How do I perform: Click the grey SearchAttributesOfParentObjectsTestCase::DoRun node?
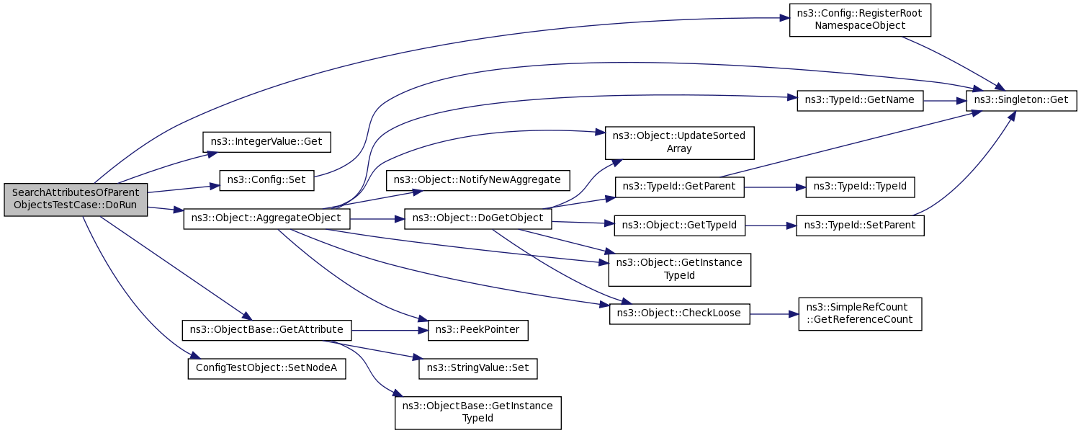point(76,200)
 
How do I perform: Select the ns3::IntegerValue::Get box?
point(266,142)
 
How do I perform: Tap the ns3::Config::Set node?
point(266,180)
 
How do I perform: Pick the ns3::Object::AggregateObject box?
point(266,219)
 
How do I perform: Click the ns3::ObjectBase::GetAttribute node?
point(266,330)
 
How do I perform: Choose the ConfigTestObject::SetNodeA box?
point(266,369)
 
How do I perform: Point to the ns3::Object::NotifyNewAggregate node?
point(477,180)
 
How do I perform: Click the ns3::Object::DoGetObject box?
point(477,219)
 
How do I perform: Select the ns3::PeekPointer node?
point(477,330)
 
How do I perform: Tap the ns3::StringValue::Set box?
point(477,369)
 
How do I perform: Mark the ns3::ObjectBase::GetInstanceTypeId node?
point(477,413)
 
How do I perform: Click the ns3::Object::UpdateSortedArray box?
point(679,143)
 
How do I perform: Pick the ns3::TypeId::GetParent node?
point(679,187)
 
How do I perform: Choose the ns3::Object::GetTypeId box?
point(679,226)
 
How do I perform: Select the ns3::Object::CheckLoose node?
point(679,314)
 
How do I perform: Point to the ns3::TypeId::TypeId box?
point(859,187)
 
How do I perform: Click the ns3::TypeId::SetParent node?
point(859,226)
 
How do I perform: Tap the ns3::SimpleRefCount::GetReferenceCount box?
point(859,314)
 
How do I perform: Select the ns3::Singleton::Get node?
point(1021,100)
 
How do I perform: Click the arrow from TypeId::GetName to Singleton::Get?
point(944,101)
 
